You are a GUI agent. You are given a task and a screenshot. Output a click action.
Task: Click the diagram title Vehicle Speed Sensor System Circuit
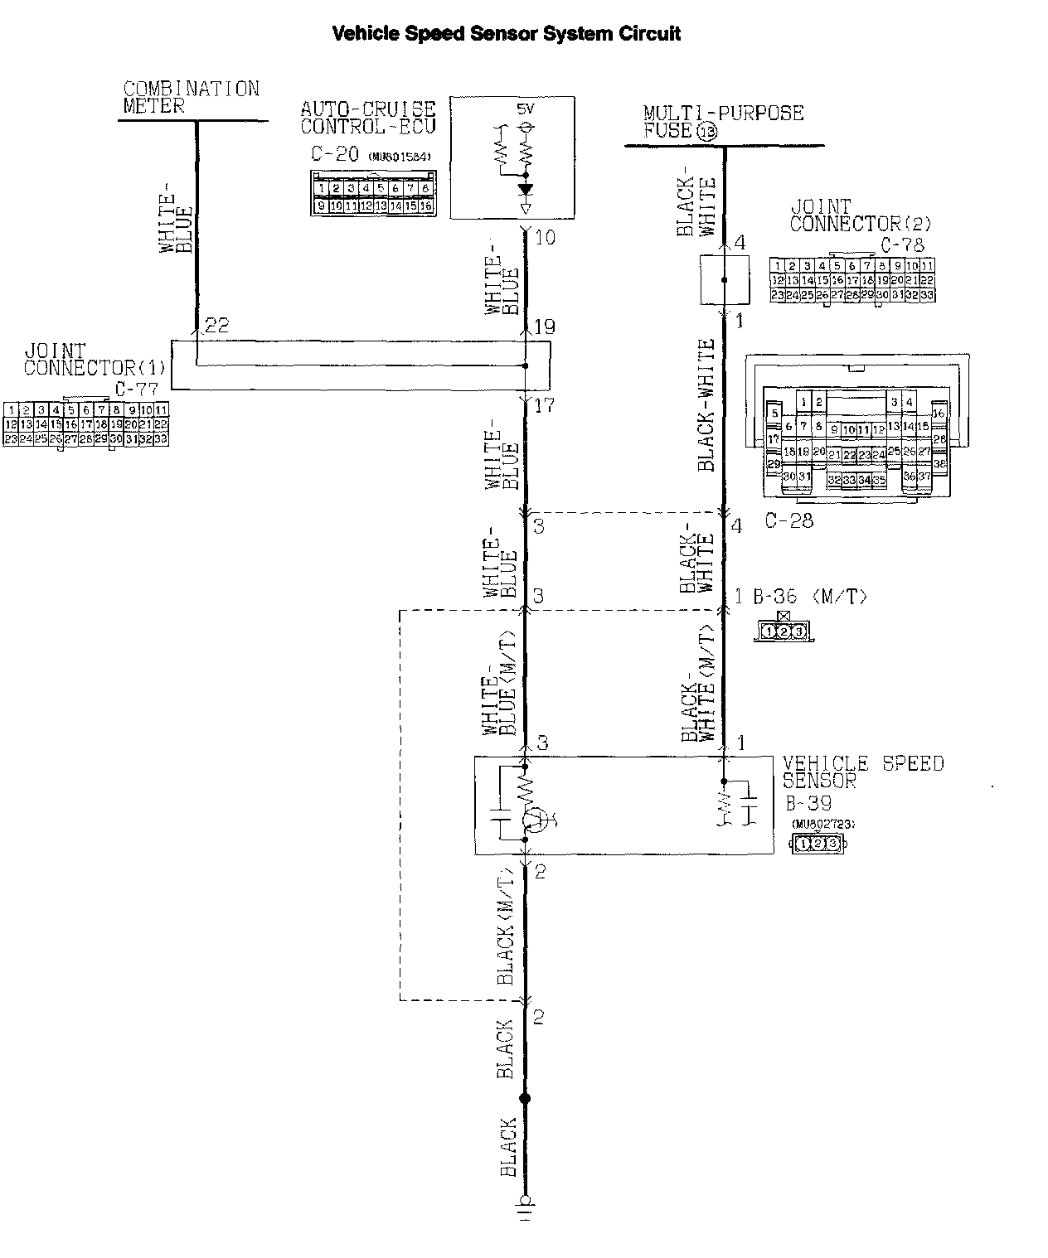[507, 34]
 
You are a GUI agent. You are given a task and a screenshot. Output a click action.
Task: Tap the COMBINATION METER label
[190, 97]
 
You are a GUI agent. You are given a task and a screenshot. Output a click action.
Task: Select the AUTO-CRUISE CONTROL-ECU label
[367, 118]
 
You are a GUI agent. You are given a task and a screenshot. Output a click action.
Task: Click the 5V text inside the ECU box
[526, 109]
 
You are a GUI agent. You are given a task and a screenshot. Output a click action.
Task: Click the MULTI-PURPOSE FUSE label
[722, 121]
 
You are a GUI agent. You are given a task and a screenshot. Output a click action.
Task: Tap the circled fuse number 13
[707, 132]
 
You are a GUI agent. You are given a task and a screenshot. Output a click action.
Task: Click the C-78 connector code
[901, 244]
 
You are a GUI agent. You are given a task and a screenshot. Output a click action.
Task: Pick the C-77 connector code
[135, 389]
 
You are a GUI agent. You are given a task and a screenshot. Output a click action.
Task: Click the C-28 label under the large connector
[788, 520]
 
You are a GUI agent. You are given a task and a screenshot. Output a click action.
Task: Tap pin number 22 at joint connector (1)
[216, 326]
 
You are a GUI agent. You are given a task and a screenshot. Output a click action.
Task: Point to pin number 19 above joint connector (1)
[544, 327]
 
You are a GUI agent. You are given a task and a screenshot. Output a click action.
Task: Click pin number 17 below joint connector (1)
[544, 405]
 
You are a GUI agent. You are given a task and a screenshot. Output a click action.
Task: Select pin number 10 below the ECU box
[545, 238]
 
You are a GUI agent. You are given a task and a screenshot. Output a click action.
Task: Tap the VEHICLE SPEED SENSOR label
[862, 772]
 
